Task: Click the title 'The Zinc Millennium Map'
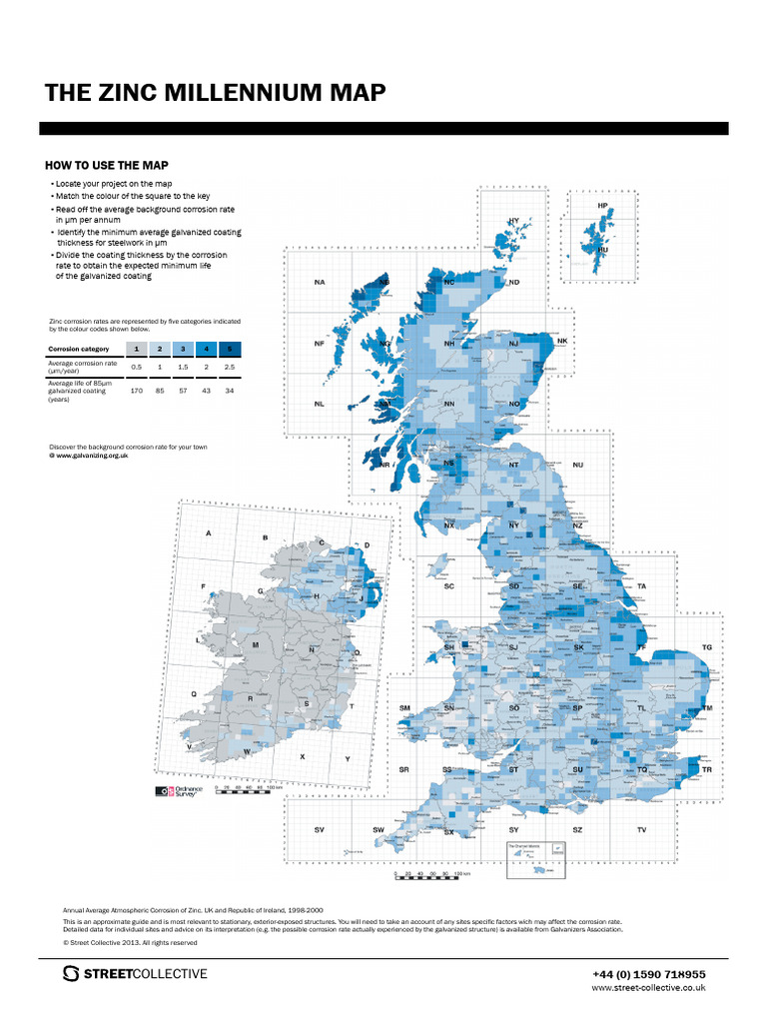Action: click(215, 94)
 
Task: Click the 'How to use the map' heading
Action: click(107, 165)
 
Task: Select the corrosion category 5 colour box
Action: click(230, 349)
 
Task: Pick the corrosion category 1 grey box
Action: click(136, 349)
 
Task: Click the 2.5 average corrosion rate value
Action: click(230, 367)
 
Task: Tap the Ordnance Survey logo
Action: click(179, 791)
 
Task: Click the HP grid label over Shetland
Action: click(602, 206)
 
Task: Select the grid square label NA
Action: click(320, 283)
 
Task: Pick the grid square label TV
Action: click(642, 830)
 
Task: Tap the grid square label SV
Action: click(320, 830)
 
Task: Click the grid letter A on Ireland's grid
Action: click(209, 533)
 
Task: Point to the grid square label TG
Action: click(707, 647)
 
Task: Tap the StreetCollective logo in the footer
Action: click(135, 974)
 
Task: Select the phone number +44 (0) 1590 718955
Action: click(648, 974)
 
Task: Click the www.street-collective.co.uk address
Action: click(649, 987)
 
